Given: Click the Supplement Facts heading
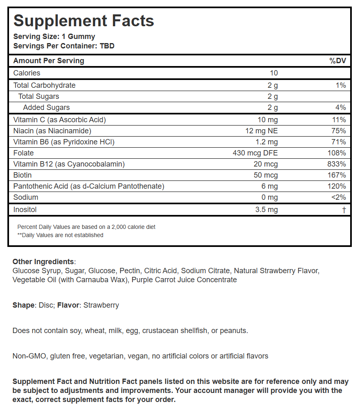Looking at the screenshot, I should point(84,21).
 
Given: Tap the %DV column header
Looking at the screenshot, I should point(338,61).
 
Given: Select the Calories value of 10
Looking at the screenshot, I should point(273,73).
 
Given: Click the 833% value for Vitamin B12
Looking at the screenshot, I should point(337,164).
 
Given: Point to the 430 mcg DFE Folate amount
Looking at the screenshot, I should point(255,153).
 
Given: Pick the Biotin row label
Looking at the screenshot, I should point(23,175).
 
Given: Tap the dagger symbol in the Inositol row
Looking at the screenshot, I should point(344,210).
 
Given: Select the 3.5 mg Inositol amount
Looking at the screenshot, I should point(266,210).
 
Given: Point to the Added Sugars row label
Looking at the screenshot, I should point(46,107).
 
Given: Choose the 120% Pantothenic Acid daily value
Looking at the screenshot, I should point(337,186).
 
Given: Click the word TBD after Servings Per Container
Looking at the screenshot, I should point(107,46).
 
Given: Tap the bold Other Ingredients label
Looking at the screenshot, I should point(43,262).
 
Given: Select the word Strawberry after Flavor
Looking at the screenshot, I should point(101,305).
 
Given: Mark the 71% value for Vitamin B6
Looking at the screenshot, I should point(339,142).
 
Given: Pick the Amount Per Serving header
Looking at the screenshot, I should point(48,61).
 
